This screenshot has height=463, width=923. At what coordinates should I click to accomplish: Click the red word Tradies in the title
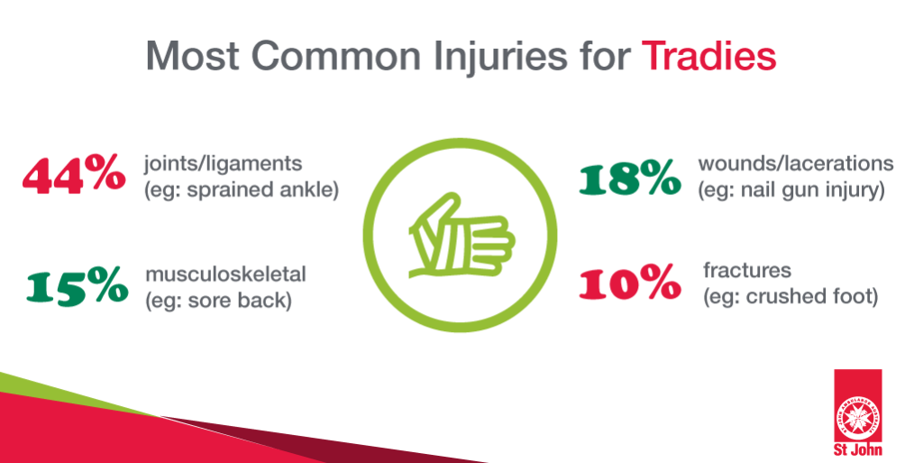[708, 56]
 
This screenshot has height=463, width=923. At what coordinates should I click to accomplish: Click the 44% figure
[74, 176]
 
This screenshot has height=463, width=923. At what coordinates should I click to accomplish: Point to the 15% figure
[78, 286]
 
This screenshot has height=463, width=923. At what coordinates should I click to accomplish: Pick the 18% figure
[630, 179]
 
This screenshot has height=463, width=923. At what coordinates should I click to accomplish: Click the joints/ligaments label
[224, 164]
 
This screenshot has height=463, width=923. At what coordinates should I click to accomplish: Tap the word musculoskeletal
[225, 273]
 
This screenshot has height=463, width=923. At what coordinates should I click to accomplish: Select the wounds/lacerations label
[796, 163]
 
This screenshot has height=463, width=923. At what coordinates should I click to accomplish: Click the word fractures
[747, 271]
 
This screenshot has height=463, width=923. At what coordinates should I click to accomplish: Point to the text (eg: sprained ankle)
[242, 190]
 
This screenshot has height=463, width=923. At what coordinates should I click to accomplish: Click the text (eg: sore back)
[218, 301]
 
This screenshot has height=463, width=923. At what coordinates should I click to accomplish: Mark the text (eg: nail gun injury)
[791, 190]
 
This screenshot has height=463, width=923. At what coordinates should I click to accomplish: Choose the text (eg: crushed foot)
[790, 296]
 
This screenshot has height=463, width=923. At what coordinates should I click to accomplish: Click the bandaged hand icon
[461, 235]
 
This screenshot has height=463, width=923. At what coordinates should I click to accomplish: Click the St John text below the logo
[858, 449]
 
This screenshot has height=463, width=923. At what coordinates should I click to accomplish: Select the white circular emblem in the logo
[858, 416]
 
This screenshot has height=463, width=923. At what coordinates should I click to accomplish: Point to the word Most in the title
[193, 57]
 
